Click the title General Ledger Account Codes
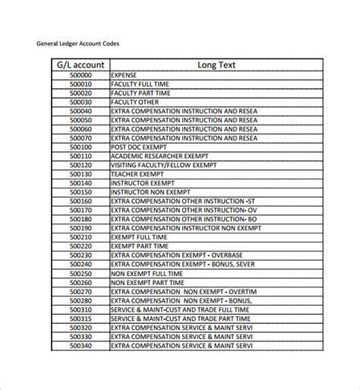pos(77,43)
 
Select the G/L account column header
pos(80,65)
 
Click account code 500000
pos(80,76)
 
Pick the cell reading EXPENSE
pos(125,76)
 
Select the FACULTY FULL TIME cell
pos(141,84)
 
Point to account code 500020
pos(80,93)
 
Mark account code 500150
pos(80,192)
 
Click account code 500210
pos(80,236)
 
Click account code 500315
pos(80,319)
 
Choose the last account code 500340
pos(80,346)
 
